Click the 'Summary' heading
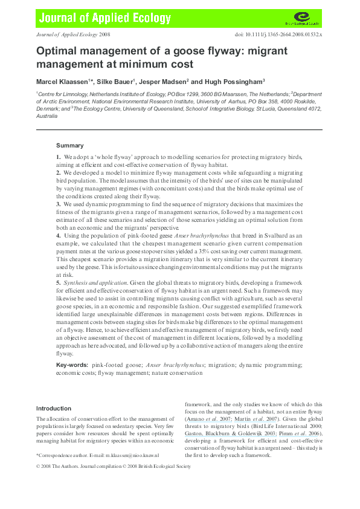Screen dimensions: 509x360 point(70,146)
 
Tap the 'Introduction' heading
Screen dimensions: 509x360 point(54,408)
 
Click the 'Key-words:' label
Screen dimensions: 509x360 point(72,365)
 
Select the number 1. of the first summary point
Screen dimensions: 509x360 point(59,157)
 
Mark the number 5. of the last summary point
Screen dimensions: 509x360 point(59,282)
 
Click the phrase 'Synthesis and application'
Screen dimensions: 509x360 point(88,282)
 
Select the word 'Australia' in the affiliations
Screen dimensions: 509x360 point(47,115)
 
